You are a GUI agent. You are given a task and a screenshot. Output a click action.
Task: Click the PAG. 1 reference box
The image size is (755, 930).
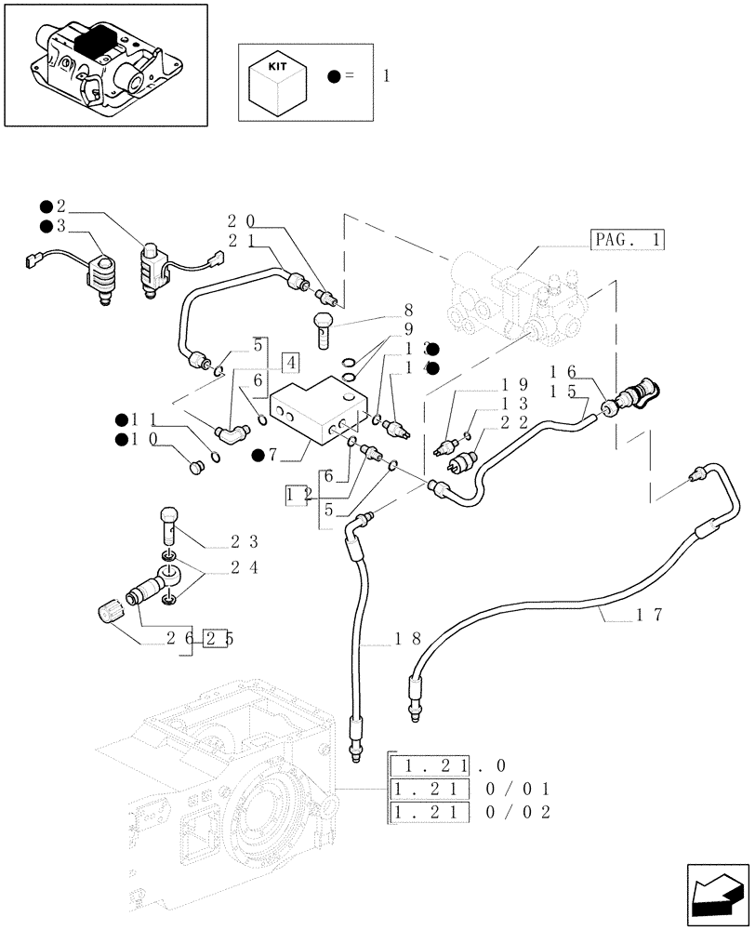(627, 240)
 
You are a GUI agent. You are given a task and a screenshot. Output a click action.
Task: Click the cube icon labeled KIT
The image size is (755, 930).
(275, 81)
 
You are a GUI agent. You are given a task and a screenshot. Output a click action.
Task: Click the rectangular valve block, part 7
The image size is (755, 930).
(313, 410)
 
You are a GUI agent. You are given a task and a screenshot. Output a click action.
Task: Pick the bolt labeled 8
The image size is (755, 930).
(323, 329)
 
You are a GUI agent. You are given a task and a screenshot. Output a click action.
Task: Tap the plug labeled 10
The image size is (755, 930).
(196, 467)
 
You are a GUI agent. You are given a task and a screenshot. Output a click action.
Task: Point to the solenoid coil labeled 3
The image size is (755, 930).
(100, 277)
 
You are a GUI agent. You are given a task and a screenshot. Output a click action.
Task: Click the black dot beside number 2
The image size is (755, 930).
(46, 206)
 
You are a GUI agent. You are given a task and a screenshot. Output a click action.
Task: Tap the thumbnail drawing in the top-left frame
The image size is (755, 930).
(104, 63)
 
